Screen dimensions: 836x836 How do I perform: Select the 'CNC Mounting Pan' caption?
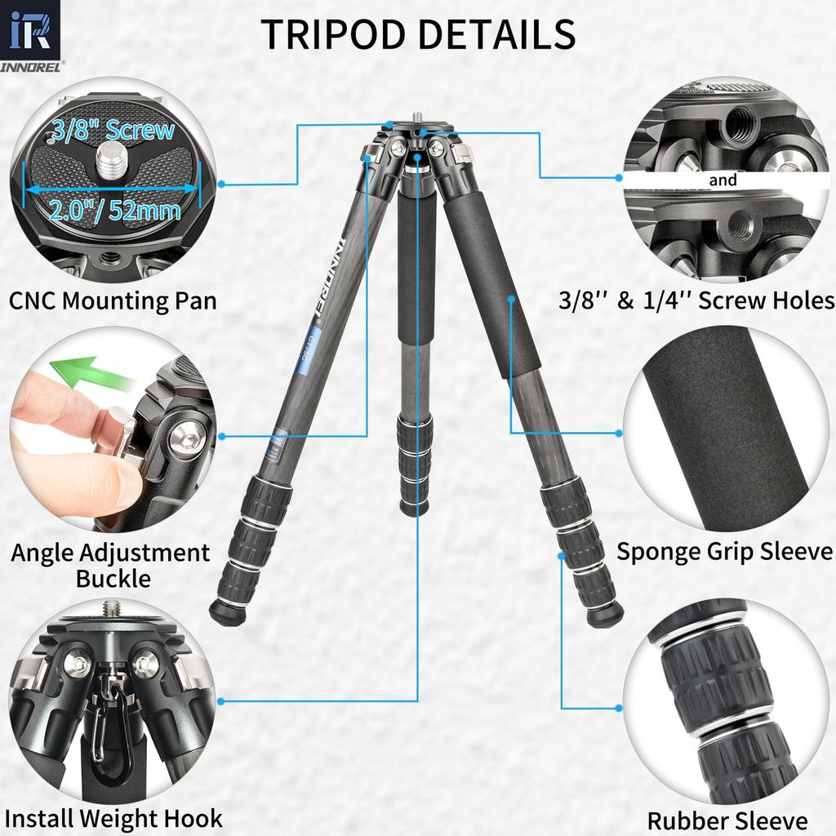(x=113, y=300)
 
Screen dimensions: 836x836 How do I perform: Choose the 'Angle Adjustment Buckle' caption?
(x=111, y=565)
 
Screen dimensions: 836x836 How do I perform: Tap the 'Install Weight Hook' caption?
(x=113, y=817)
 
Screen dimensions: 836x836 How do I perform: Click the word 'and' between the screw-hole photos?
(x=723, y=180)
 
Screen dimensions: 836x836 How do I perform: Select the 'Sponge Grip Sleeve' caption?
(x=724, y=551)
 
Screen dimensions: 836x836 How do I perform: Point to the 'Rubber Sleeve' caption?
(x=727, y=820)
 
